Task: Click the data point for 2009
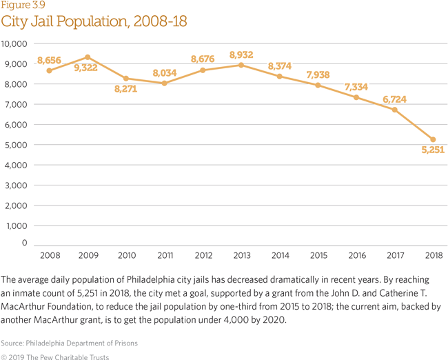(88, 57)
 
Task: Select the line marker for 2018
(433, 139)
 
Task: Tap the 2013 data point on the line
(241, 65)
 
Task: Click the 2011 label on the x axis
(164, 256)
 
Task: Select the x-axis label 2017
(395, 256)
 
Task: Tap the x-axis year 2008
(49, 256)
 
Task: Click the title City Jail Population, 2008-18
(94, 21)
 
